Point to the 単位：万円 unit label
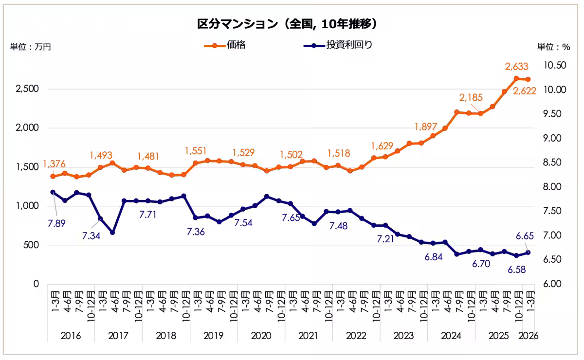pyautogui.click(x=30, y=47)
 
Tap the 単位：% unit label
pyautogui.click(x=553, y=47)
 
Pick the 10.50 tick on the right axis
pyautogui.click(x=551, y=65)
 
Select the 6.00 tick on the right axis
pyautogui.click(x=551, y=284)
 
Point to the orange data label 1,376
pyautogui.click(x=55, y=164)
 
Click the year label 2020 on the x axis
pyautogui.click(x=261, y=336)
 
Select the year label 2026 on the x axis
pyautogui.click(x=528, y=336)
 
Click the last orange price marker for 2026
pyautogui.click(x=528, y=79)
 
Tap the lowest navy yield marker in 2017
pyautogui.click(x=112, y=233)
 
